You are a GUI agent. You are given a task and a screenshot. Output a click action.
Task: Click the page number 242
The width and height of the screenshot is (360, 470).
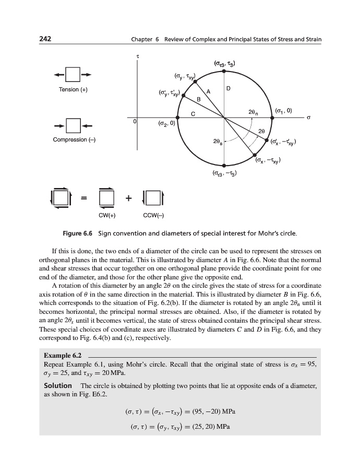point(45,40)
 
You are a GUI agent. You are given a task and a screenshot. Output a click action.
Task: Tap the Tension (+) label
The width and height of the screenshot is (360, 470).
point(73,90)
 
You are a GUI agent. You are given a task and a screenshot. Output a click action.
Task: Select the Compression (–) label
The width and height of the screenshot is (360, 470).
point(74,140)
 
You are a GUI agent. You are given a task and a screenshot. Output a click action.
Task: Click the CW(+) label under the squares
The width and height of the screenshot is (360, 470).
point(107,214)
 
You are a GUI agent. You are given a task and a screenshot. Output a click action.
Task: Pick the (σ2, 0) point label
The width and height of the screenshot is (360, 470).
point(166,124)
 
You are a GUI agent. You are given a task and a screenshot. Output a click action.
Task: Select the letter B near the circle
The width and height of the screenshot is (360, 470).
point(198,99)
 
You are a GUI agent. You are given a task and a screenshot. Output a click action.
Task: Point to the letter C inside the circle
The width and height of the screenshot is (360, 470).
point(193,113)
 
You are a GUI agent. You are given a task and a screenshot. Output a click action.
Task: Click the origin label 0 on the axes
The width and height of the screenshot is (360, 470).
point(135,121)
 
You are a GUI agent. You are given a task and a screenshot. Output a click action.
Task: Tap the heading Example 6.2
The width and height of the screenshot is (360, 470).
point(62,355)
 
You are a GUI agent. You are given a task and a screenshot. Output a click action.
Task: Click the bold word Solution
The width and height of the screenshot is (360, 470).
point(57,385)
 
